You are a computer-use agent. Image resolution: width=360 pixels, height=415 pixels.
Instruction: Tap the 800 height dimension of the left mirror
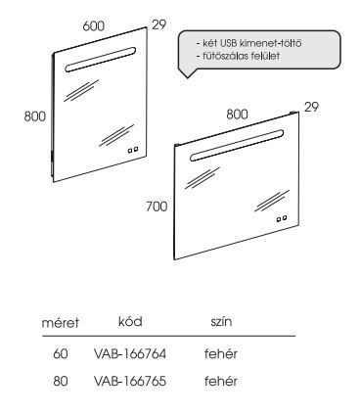pos(35,115)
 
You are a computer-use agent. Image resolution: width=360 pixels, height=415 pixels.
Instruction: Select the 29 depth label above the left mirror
pos(159,23)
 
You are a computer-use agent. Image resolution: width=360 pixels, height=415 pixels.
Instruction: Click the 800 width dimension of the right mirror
pos(238,114)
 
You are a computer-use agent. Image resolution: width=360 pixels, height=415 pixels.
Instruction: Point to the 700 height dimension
pos(157,208)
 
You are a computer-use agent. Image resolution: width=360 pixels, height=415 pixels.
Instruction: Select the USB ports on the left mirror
pos(135,150)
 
